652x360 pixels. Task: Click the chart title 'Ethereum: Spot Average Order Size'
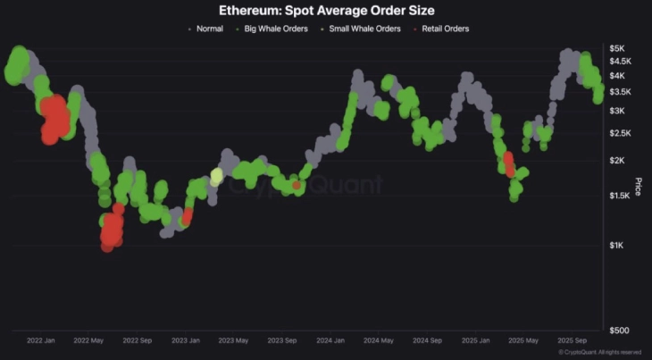(x=326, y=11)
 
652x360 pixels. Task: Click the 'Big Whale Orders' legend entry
(x=276, y=29)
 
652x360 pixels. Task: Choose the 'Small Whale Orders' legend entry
(x=364, y=29)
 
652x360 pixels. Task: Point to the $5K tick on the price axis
(x=617, y=47)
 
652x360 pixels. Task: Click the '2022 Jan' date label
(x=43, y=340)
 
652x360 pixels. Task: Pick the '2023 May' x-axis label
(x=234, y=340)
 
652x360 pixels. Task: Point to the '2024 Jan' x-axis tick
(x=330, y=340)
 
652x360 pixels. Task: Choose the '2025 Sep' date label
(x=571, y=340)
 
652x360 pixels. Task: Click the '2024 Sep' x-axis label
(x=426, y=340)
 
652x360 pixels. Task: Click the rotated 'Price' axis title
(x=638, y=188)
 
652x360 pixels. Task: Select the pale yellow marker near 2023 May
(x=216, y=177)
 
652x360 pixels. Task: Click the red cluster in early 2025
(x=509, y=164)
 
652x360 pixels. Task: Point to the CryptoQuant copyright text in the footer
(x=599, y=353)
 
